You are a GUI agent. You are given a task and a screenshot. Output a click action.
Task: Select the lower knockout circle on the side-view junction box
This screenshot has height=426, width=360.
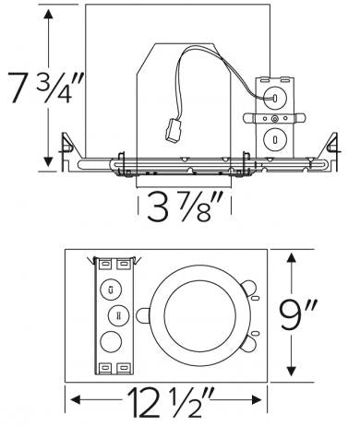click(273, 139)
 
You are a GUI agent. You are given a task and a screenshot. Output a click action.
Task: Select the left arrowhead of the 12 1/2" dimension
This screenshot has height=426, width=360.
click(72, 400)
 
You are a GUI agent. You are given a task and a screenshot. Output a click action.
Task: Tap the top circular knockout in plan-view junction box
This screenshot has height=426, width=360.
click(112, 289)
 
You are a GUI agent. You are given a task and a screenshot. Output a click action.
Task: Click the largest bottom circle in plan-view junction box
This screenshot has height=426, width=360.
click(112, 340)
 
